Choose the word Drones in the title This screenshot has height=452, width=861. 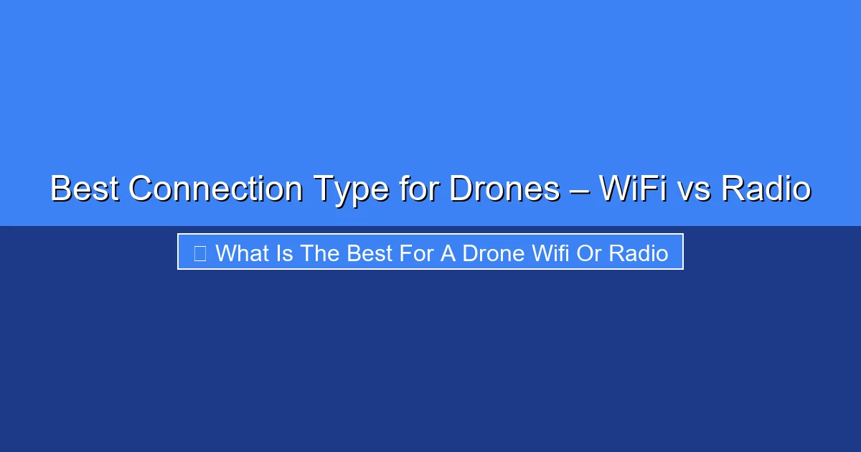pyautogui.click(x=504, y=189)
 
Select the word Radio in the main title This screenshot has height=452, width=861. pyautogui.click(x=766, y=189)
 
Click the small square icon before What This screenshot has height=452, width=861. pyautogui.click(x=200, y=253)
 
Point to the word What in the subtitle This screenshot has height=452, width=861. pyautogui.click(x=244, y=253)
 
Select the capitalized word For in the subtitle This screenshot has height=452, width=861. pyautogui.click(x=418, y=253)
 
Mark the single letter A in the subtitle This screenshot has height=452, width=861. pyautogui.click(x=448, y=253)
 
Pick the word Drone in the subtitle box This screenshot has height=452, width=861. pyautogui.click(x=493, y=253)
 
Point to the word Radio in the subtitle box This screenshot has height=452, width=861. pyautogui.click(x=639, y=253)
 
